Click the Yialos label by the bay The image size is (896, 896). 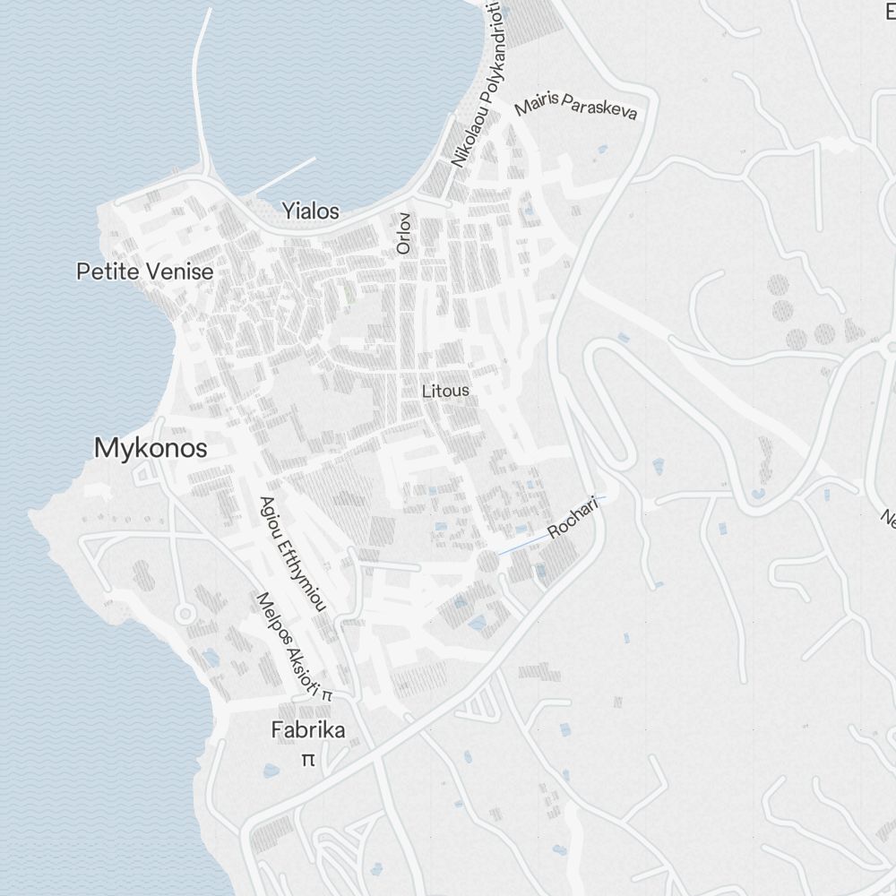pos(311,211)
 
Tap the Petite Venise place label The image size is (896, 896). pos(145,271)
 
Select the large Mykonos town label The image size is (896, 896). pos(151,449)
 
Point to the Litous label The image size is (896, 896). pos(445,392)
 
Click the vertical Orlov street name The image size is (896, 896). pos(404,233)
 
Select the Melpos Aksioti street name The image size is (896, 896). pos(289,642)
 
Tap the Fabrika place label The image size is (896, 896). pos(308,730)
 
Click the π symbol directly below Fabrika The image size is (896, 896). pos(308,760)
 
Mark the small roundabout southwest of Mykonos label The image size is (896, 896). pos(185,614)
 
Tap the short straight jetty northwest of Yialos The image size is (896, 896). pos(285,176)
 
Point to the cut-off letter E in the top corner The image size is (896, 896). pos(890,11)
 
